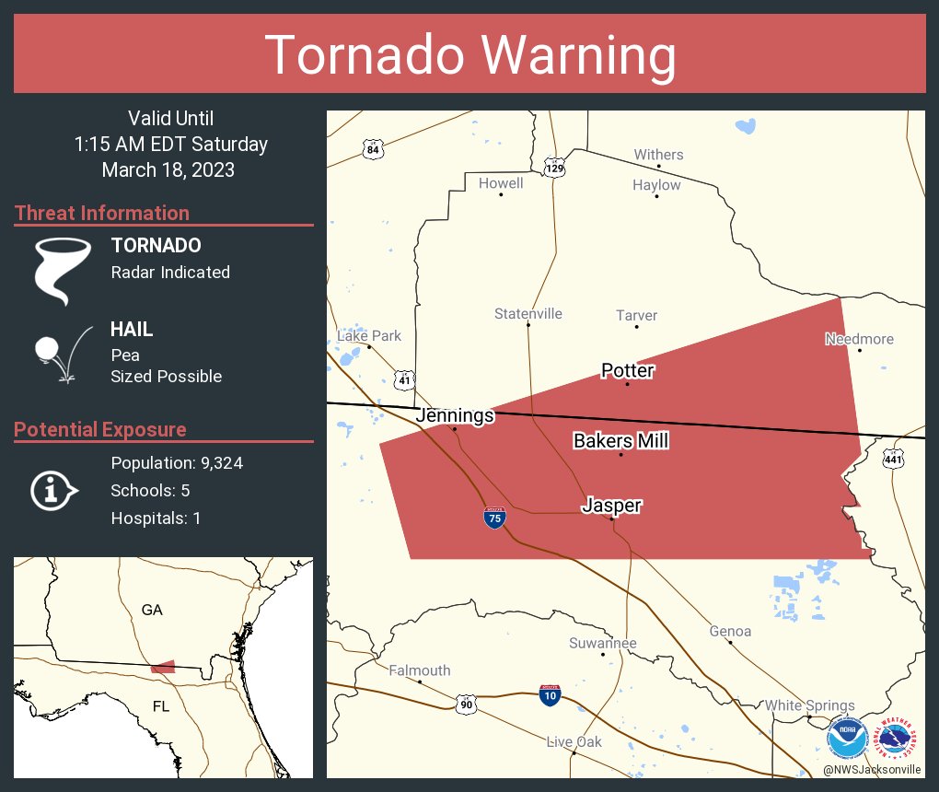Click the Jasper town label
611,506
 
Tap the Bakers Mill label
620,441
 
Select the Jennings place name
455,416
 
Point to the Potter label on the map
627,370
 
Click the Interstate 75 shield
494,518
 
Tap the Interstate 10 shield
550,693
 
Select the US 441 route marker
892,459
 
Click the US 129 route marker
554,169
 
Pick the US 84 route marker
372,149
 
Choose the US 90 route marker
466,704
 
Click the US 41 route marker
405,379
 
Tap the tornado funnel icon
63,270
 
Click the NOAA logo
847,738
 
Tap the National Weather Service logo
898,738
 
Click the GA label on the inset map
152,610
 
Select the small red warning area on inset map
163,666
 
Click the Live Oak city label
574,741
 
